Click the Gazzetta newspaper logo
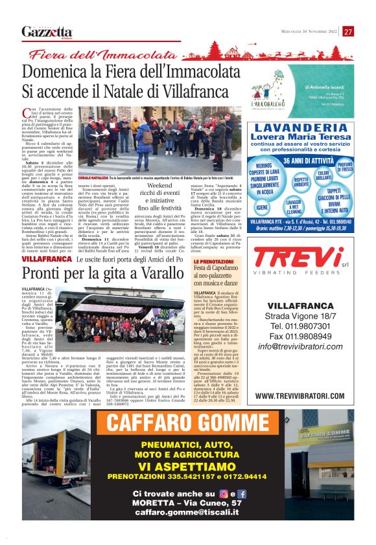click(47, 32)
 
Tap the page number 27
click(348, 31)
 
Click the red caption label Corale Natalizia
click(93, 177)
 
